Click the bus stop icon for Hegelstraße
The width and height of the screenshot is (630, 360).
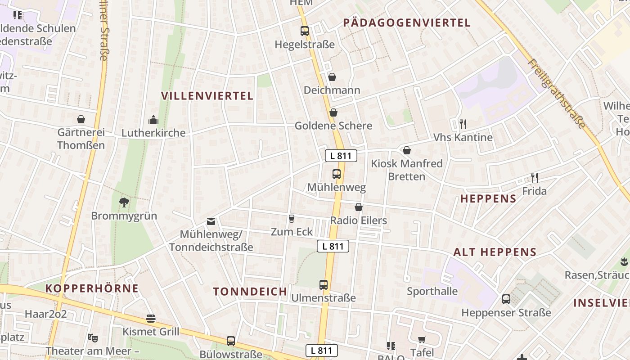(305, 31)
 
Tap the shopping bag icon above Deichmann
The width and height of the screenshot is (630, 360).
(332, 77)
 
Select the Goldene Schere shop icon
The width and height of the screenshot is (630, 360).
(333, 112)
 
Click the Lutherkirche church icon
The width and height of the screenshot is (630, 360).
(153, 120)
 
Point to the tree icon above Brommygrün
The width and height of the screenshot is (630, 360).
(124, 202)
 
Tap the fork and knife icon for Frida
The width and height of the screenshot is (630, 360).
(535, 177)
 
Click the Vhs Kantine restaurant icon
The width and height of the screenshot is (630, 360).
(463, 124)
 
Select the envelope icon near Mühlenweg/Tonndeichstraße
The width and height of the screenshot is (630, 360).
(211, 221)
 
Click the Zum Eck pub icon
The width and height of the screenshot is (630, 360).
(292, 219)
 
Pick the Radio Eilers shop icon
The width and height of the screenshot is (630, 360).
(359, 207)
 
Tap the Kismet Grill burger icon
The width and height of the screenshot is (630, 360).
(151, 319)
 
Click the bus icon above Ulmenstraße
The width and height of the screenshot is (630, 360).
(324, 284)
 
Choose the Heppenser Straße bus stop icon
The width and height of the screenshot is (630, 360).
(506, 299)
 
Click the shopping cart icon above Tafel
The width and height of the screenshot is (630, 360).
(422, 339)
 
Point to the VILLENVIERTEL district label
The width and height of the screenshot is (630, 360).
(207, 95)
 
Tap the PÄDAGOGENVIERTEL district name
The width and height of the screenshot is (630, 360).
(407, 23)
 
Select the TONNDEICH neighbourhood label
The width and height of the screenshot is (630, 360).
(250, 291)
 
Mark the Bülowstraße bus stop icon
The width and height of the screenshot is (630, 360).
(231, 341)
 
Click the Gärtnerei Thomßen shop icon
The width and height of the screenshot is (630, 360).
(81, 119)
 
